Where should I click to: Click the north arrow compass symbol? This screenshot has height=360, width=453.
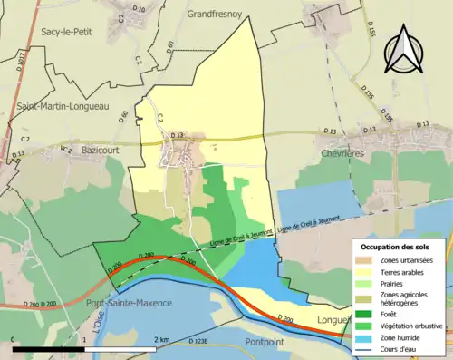(x=403, y=49)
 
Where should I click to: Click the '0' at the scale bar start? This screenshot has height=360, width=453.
(x=15, y=340)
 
